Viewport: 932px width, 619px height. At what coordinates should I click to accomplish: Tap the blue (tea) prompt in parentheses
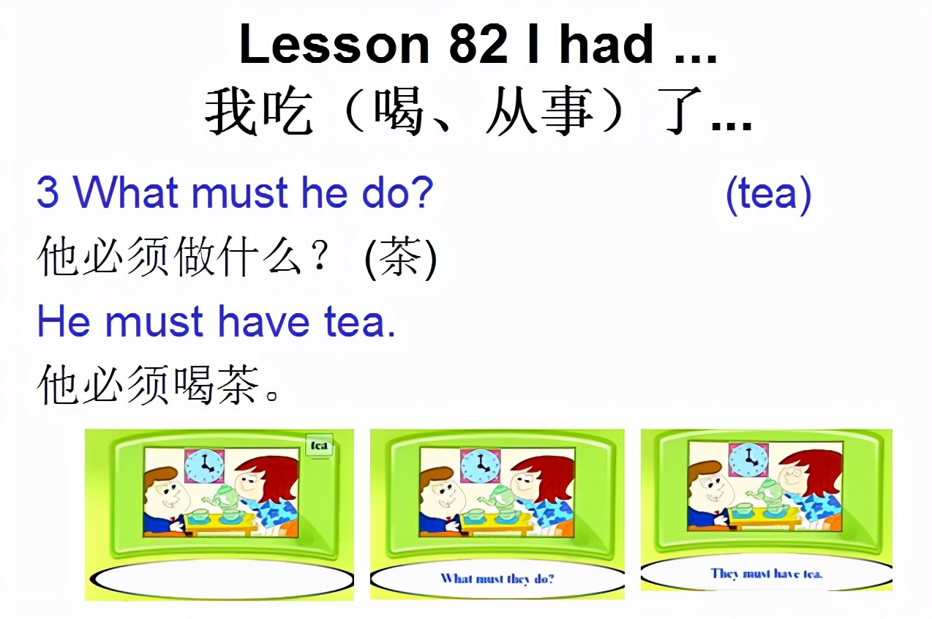tap(768, 194)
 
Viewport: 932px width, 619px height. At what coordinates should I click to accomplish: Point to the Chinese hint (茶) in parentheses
tap(400, 258)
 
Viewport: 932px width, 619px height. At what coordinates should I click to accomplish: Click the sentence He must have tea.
tap(216, 322)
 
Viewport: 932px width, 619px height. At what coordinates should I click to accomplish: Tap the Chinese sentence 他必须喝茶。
tap(158, 386)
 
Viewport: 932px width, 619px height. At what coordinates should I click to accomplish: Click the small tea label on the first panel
tap(319, 445)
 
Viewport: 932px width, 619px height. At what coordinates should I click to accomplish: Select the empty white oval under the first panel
tap(221, 579)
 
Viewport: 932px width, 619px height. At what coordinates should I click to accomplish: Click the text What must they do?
tap(497, 579)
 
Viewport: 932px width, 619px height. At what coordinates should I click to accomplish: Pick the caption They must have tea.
tap(767, 574)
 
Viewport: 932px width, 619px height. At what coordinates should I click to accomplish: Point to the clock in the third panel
tap(748, 459)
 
